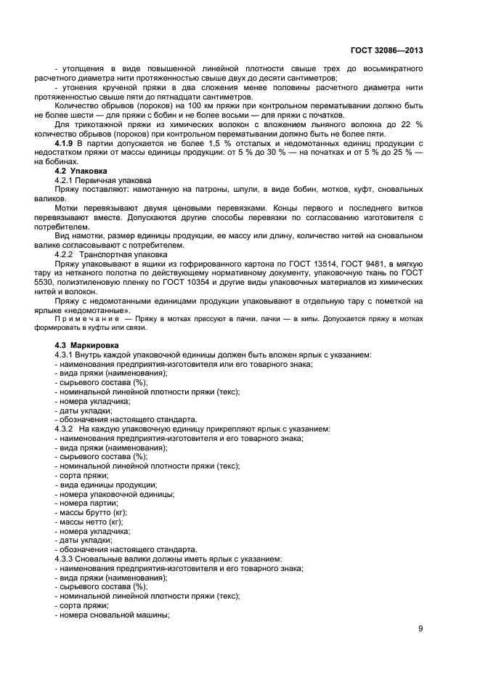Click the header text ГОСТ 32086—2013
387,50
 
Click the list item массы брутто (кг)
91,513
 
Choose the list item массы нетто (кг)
89,522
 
